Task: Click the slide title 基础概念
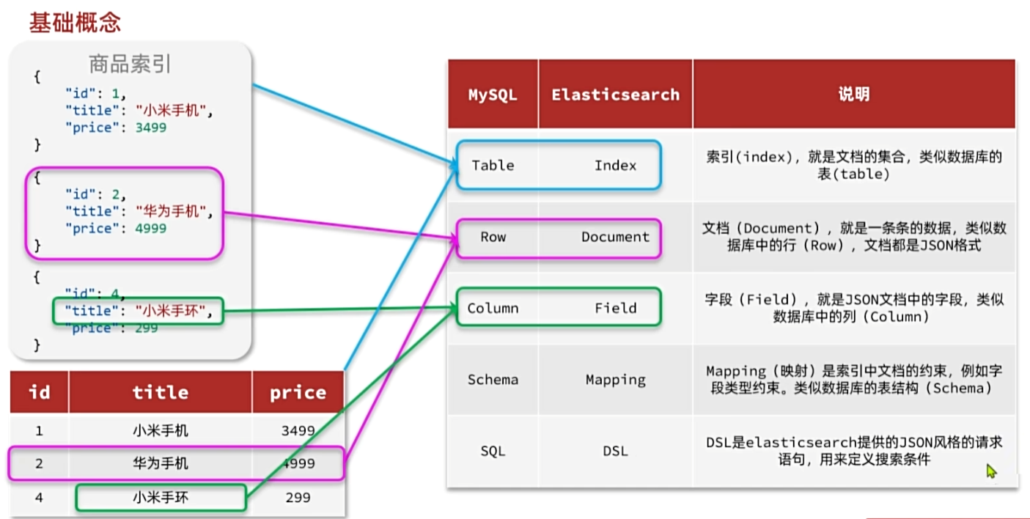point(75,23)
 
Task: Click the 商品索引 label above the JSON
point(130,65)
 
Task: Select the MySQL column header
point(493,95)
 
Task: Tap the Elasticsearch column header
point(615,95)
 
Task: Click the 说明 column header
point(853,95)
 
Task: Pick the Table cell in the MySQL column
point(493,166)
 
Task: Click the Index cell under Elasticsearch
point(615,166)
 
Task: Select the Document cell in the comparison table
point(615,237)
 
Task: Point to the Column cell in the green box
point(493,309)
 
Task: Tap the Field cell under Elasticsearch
point(615,309)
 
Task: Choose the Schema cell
point(493,380)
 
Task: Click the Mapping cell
point(615,380)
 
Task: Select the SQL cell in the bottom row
point(493,451)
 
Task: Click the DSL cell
point(615,451)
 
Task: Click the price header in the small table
point(298,393)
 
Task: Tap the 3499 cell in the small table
point(298,431)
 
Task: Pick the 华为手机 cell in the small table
point(161,463)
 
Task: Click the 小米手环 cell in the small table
point(161,498)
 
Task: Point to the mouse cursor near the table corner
point(991,471)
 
